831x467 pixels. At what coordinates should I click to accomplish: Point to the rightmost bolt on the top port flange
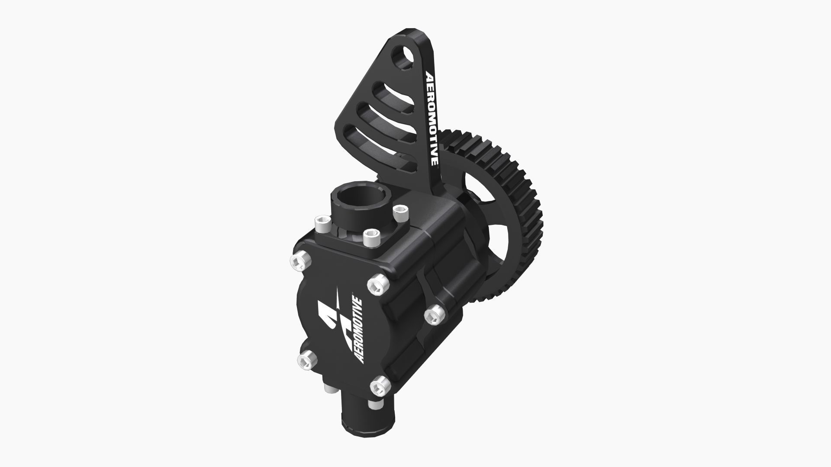400,211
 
